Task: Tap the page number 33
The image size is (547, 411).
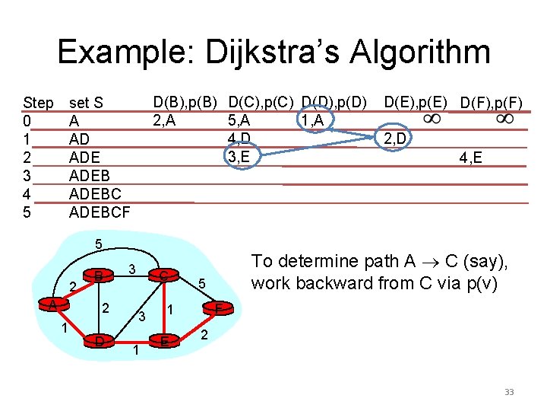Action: (x=509, y=392)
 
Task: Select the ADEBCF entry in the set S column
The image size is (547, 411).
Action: (x=100, y=212)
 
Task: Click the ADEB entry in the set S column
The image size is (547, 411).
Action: (x=89, y=176)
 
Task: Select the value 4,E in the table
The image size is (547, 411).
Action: (x=473, y=158)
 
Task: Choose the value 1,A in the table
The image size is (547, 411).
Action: (x=311, y=120)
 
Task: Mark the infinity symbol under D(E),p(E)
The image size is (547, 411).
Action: (x=431, y=119)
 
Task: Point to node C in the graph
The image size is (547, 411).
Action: (x=163, y=276)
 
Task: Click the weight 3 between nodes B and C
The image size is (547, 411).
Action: (x=132, y=269)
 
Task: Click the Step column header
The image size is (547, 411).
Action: (x=38, y=103)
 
